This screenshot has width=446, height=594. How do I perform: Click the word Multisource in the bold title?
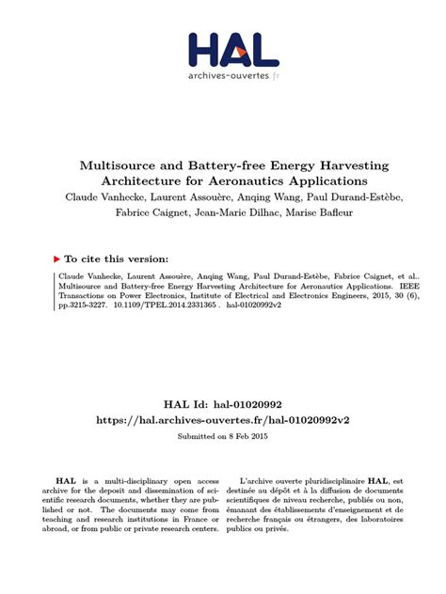click(x=127, y=164)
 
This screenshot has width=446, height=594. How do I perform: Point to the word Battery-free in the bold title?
click(x=222, y=164)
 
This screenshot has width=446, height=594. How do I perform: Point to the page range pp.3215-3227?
click(x=81, y=305)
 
